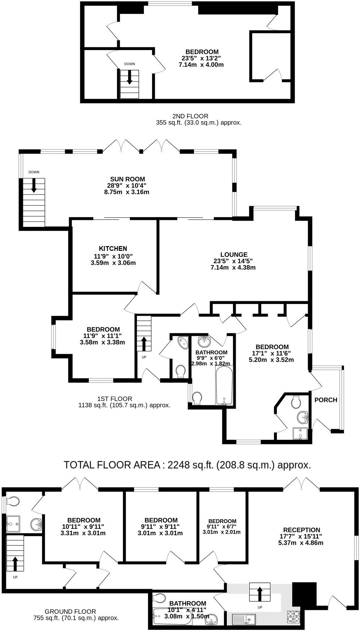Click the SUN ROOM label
pos(127,179)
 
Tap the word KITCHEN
pos(113,248)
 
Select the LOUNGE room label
pos(234,254)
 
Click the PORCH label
pos(326,400)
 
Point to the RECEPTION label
pos(301,530)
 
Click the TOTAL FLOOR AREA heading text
pos(187,465)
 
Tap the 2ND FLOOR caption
pos(190,116)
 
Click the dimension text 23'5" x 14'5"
pos(233,261)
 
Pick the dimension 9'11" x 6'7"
pos(222,526)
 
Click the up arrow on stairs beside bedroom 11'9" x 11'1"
pos(144,344)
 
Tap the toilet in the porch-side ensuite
pos(296,402)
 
